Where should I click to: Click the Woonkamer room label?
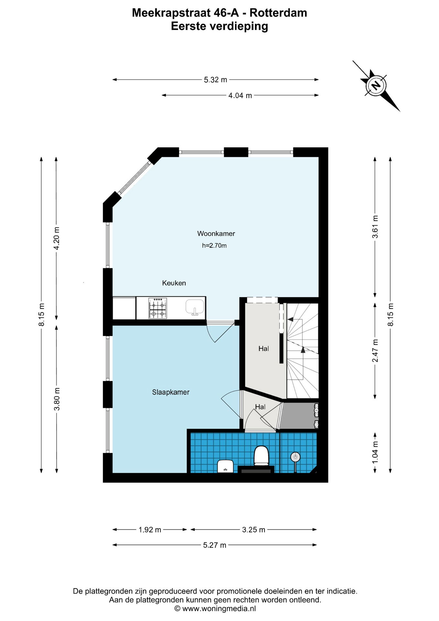pyautogui.click(x=216, y=234)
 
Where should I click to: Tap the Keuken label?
pyautogui.click(x=174, y=283)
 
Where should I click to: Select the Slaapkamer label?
pyautogui.click(x=171, y=392)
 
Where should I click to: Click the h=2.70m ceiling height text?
pyautogui.click(x=214, y=245)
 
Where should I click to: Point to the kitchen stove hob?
pyautogui.click(x=158, y=308)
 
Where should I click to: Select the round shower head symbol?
pyautogui.click(x=295, y=457)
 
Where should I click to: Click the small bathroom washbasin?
pyautogui.click(x=226, y=466)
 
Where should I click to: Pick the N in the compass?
pyautogui.click(x=376, y=86)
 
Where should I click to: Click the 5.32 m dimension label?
pyautogui.click(x=216, y=80)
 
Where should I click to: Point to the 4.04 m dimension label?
pyautogui.click(x=240, y=95)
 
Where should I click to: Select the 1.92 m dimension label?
pyautogui.click(x=150, y=529)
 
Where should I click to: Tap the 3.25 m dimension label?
pyautogui.click(x=254, y=529)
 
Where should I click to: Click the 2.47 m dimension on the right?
pyautogui.click(x=375, y=351)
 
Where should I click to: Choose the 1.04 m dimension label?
pyautogui.click(x=375, y=452)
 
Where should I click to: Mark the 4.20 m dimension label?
pyautogui.click(x=57, y=238)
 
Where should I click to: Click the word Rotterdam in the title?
pyautogui.click(x=278, y=13)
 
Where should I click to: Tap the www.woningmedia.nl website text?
pyautogui.click(x=219, y=608)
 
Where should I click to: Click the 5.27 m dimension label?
pyautogui.click(x=215, y=545)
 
